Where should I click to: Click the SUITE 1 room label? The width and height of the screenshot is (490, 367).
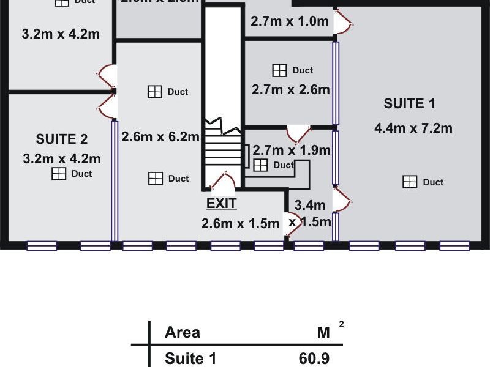(409, 104)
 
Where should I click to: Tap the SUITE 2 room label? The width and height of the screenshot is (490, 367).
(61, 138)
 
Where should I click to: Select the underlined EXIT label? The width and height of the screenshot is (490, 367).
(222, 203)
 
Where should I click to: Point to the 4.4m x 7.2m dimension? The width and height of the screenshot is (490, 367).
(413, 128)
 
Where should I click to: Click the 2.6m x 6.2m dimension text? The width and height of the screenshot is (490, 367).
(160, 137)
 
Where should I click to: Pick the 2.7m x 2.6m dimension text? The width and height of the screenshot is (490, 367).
(290, 90)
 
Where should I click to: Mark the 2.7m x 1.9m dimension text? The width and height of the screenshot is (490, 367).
(292, 150)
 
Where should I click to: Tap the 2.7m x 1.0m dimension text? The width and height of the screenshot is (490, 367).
(290, 21)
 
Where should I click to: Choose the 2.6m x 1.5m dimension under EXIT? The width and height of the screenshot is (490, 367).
(241, 224)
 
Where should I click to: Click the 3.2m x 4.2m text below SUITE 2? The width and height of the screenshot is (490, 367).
(61, 159)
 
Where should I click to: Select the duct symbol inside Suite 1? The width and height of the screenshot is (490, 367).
(410, 182)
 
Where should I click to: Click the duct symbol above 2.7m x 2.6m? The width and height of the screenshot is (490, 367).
(279, 70)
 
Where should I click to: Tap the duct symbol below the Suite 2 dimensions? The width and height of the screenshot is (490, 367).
(58, 174)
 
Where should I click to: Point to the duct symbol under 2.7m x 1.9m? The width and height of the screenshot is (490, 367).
(261, 165)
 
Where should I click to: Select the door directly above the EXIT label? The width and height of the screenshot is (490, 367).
(222, 182)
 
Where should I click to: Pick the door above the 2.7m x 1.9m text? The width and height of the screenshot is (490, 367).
(299, 133)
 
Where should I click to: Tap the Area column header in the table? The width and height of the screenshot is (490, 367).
(183, 333)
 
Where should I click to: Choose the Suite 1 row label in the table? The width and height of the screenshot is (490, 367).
(190, 358)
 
